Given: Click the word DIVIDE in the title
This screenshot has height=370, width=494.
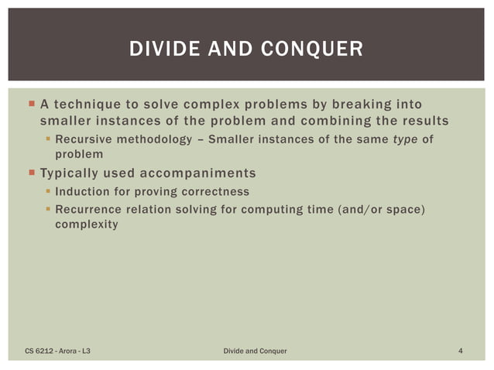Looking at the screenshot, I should pos(161,50).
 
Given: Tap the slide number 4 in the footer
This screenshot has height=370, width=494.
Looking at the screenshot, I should pos(461,351).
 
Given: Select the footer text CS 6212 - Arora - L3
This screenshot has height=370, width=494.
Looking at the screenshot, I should pos(61,351).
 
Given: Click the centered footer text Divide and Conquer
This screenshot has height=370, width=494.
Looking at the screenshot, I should pos(255,351).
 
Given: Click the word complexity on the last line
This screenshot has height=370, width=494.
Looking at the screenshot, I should pos(87,224).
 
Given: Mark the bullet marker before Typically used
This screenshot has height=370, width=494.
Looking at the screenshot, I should pos(30,172).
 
